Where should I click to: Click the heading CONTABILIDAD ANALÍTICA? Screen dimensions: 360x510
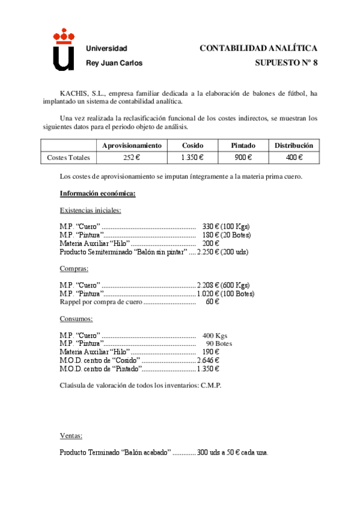pos(258,48)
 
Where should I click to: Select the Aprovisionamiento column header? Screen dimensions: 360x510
pos(132,146)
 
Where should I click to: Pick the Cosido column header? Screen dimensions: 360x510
pos(192,146)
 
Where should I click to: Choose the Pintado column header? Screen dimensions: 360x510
pos(243,146)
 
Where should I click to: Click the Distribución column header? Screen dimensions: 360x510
pos(294,146)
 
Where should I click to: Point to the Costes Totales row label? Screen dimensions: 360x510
pos(69,158)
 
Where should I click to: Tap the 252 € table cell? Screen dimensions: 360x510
pos(132,158)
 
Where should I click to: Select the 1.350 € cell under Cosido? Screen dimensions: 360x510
pos(192,158)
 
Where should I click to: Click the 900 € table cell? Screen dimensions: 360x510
pos(243,158)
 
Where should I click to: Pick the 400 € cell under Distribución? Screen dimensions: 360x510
pos(294,158)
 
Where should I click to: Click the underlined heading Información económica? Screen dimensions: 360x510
pos(97,193)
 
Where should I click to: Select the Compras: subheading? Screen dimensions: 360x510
pos(74,268)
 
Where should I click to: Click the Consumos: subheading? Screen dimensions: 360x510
pos(76,319)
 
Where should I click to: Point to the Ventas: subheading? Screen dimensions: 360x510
pos(72,435)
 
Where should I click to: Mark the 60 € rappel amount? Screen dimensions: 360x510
pos(212,302)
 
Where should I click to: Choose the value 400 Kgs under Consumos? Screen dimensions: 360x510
pos(215,336)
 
